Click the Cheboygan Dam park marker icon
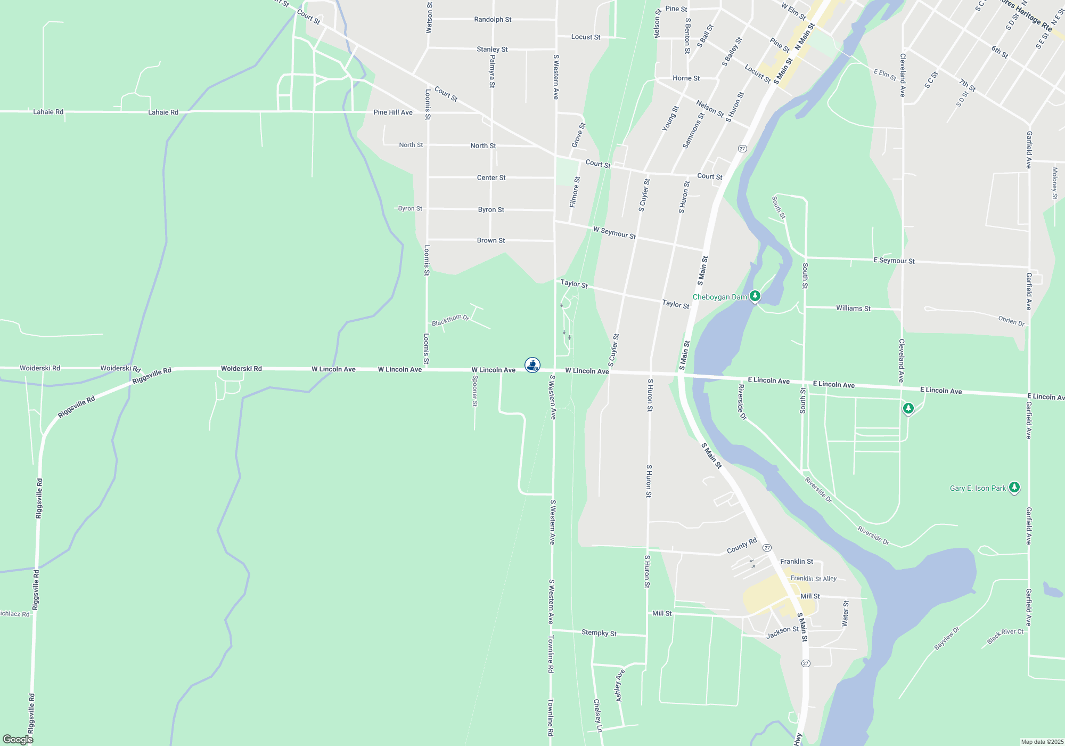tap(755, 296)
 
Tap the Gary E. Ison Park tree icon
tap(1014, 487)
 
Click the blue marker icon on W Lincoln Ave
tap(532, 364)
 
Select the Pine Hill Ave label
tap(393, 112)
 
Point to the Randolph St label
tap(493, 20)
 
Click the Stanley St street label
tap(492, 50)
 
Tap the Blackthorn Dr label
tap(450, 320)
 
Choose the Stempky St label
tap(599, 633)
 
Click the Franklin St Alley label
tap(813, 579)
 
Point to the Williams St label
tap(853, 309)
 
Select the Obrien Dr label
tap(1011, 321)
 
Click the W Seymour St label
tap(615, 233)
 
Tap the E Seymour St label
tap(894, 261)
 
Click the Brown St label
tap(491, 241)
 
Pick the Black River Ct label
tap(1005, 636)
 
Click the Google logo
tap(18, 739)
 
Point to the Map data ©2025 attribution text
tap(1042, 742)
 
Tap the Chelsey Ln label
tap(598, 715)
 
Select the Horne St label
tap(686, 78)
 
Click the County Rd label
tap(742, 546)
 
